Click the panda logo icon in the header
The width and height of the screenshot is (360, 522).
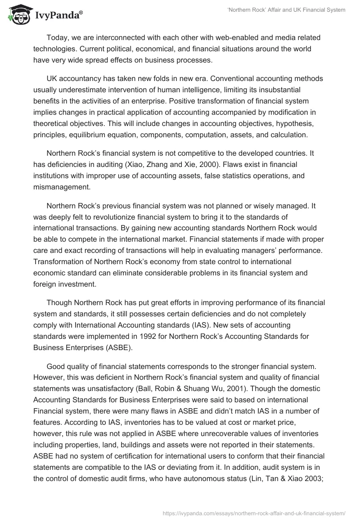pos(17,15)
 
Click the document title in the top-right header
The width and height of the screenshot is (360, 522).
pos(286,10)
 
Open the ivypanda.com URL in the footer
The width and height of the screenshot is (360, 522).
pos(256,513)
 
